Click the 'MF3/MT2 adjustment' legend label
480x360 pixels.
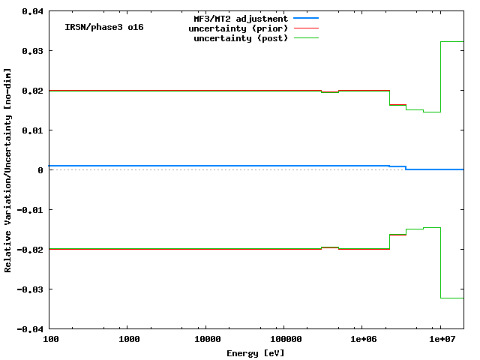pos(241,18)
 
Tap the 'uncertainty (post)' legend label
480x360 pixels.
pos(241,37)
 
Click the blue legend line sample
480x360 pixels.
pos(306,18)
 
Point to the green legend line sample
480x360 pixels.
pos(306,37)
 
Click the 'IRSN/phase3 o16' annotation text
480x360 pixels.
pos(104,27)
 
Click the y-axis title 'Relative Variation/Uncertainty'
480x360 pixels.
pos(8,170)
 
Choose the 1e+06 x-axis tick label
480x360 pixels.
pos(362,340)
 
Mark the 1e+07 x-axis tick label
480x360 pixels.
pos(440,340)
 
